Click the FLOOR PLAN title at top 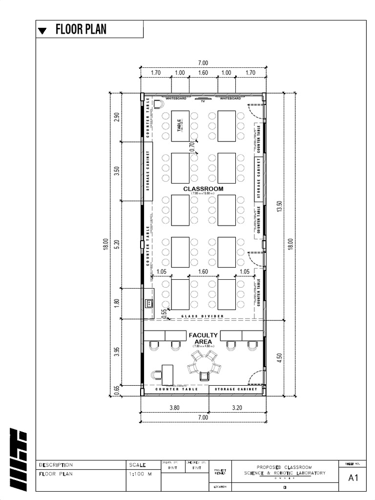[x=81, y=30]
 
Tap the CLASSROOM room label [x=203, y=188]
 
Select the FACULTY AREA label [x=203, y=338]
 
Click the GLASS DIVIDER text [x=203, y=316]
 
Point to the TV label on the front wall [x=202, y=102]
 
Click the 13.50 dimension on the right [x=279, y=207]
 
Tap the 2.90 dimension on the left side [x=117, y=118]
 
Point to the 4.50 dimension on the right [x=279, y=358]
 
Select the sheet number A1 [x=353, y=479]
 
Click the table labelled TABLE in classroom [x=180, y=126]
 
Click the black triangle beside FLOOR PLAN [x=43, y=31]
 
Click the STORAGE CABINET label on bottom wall [x=236, y=390]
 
